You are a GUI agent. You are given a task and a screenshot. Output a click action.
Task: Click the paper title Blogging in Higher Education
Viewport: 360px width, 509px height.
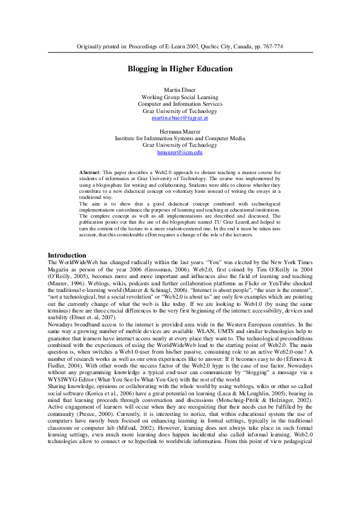pyautogui.click(x=180, y=69)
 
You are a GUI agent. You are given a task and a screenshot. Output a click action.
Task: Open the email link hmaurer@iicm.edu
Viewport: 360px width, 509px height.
pyautogui.click(x=180, y=152)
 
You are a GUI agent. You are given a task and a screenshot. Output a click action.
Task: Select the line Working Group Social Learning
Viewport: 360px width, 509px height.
pyautogui.click(x=180, y=97)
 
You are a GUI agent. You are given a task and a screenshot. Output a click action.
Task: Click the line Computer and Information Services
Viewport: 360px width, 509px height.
pyautogui.click(x=180, y=103)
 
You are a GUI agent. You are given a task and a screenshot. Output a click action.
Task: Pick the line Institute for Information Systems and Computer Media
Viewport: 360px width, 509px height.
pyautogui.click(x=180, y=138)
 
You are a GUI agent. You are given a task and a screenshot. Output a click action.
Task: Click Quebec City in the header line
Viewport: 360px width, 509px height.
pyautogui.click(x=208, y=47)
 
